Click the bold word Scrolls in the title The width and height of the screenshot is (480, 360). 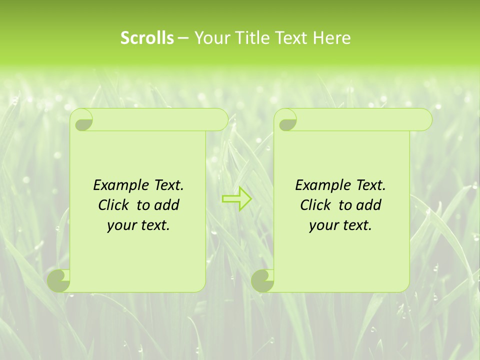[147, 38]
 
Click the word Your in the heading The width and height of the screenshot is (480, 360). [209, 38]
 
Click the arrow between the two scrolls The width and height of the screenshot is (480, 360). [236, 198]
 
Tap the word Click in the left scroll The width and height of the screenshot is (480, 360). [112, 205]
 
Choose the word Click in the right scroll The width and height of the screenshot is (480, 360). [314, 205]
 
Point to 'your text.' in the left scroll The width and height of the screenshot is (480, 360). [138, 225]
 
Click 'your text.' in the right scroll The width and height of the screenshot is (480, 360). [340, 225]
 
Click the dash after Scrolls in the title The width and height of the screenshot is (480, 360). [183, 38]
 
